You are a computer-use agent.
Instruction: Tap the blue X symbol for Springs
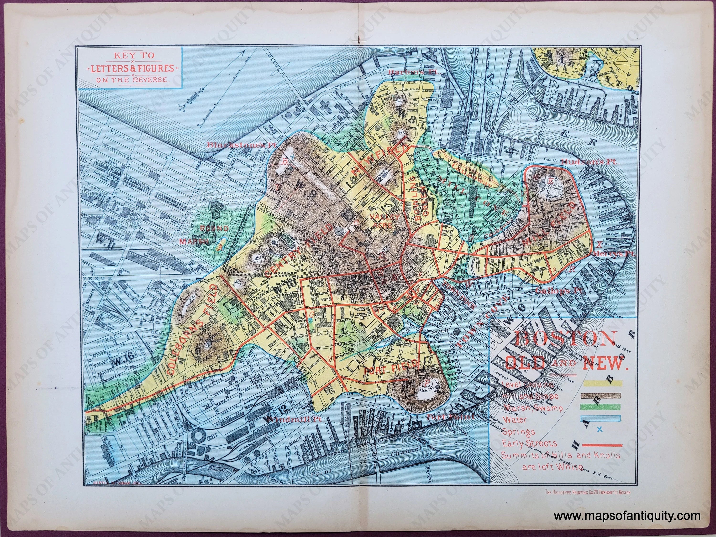(599, 429)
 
